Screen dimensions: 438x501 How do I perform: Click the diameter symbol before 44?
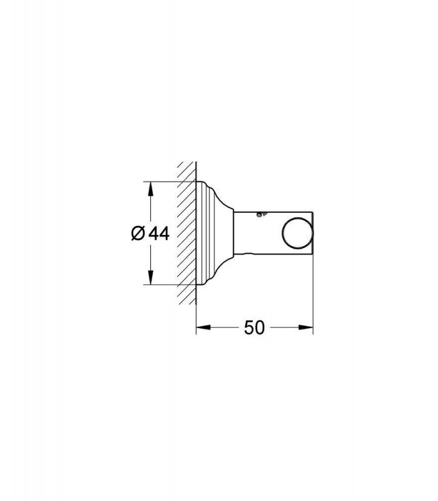(x=138, y=233)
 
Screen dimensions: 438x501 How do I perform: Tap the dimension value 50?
(x=255, y=327)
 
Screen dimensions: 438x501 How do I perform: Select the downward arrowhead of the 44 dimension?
(x=151, y=277)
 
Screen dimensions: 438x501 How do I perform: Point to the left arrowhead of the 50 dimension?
(x=203, y=327)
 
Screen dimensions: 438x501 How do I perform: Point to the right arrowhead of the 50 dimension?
(x=306, y=327)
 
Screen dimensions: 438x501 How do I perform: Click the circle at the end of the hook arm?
(x=298, y=233)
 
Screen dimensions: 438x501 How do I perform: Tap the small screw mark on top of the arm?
(x=262, y=214)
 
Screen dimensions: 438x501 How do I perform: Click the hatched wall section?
(x=186, y=233)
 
